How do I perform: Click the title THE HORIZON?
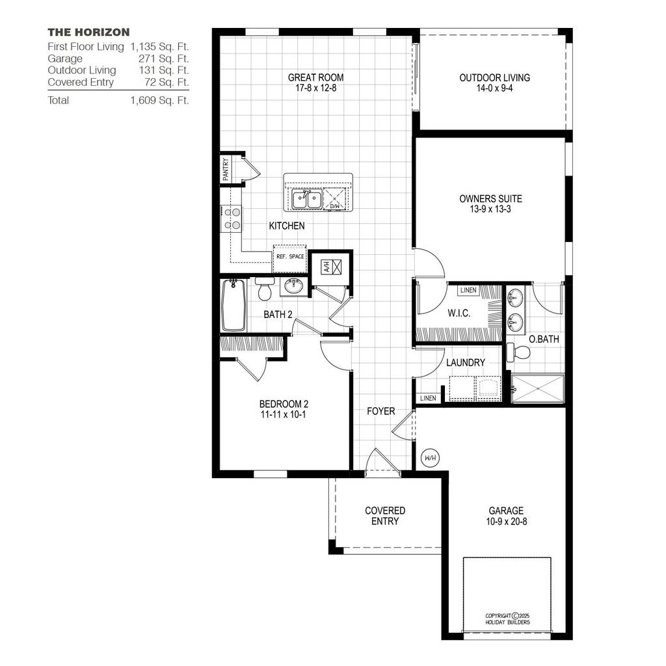88,32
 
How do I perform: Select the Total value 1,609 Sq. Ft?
159,100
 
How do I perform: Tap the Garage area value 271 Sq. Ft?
163,59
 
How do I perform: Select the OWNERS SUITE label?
490,198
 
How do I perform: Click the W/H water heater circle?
430,457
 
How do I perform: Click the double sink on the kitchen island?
306,199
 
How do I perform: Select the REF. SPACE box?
290,255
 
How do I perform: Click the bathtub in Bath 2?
233,304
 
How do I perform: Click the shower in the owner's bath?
537,388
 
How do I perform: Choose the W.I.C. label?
459,313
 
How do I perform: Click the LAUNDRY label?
465,362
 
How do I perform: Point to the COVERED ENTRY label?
385,516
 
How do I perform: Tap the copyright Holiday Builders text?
507,619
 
